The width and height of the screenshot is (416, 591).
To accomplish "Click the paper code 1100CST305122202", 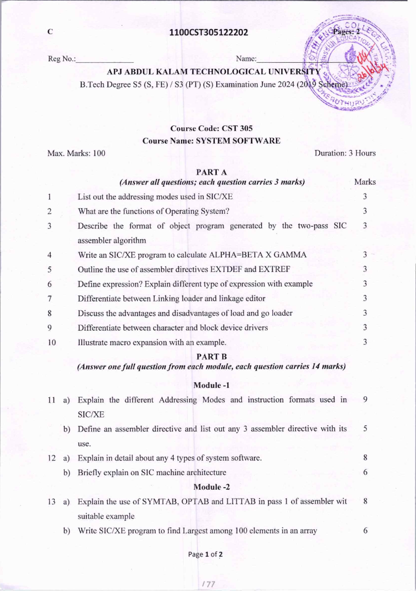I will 209,33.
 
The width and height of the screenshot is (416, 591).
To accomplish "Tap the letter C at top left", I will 50,32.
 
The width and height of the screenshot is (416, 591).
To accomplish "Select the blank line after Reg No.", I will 105,60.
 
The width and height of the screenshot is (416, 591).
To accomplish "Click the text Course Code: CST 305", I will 211,128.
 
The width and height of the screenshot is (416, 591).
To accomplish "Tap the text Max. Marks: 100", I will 76,153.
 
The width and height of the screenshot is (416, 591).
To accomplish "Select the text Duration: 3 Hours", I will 345,153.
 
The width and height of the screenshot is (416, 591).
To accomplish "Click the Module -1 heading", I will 211,385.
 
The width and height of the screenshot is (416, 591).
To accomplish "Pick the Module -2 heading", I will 211,487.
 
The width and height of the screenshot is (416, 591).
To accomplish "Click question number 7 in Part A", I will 50,298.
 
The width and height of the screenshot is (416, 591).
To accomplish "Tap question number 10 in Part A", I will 52,342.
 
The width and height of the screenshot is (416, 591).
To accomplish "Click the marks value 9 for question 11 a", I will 365,399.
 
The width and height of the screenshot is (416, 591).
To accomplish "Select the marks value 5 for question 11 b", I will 365,428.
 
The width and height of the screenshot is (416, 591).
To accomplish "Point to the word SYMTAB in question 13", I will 159,501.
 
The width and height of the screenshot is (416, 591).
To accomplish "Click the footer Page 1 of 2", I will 205,554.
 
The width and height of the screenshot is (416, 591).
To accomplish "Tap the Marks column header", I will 365,182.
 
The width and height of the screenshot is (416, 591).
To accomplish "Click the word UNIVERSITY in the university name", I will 294,72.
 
